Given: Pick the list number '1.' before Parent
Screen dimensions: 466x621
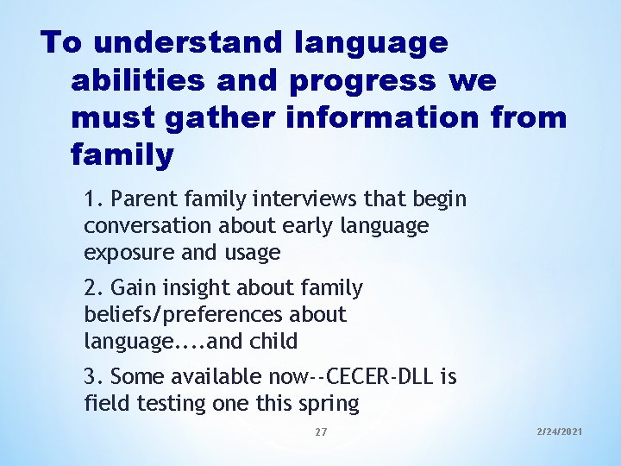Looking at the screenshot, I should point(94,200).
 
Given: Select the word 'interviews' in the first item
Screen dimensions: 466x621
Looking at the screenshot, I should point(292,200).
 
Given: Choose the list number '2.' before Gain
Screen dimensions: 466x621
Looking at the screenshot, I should point(94,288).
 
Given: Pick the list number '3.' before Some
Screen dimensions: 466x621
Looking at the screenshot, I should point(94,377).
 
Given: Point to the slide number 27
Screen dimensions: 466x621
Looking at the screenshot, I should point(321,431).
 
